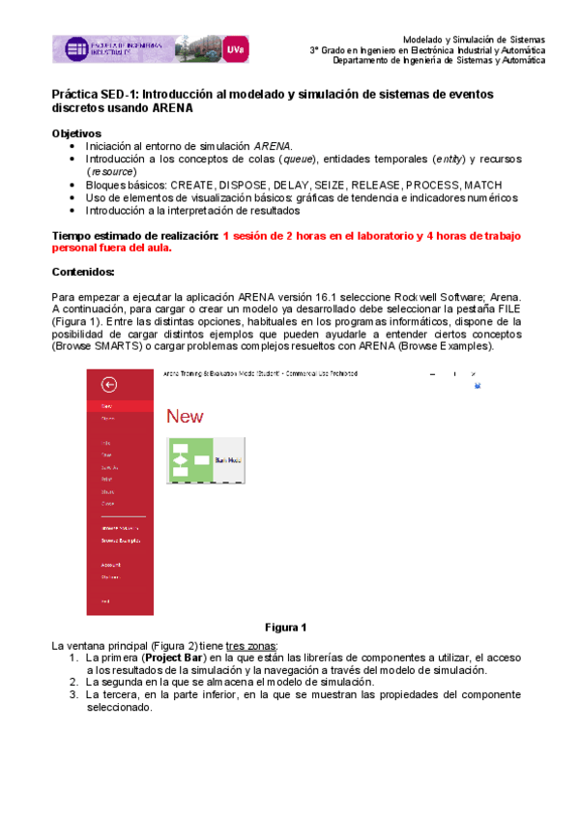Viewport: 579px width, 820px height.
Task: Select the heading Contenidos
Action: tap(82, 272)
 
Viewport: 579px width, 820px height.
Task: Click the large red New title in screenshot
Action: tap(185, 416)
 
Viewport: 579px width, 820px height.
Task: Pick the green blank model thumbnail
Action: tap(190, 460)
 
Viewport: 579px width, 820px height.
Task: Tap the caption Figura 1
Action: tap(285, 627)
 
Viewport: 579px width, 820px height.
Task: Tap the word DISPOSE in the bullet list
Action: tap(245, 184)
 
